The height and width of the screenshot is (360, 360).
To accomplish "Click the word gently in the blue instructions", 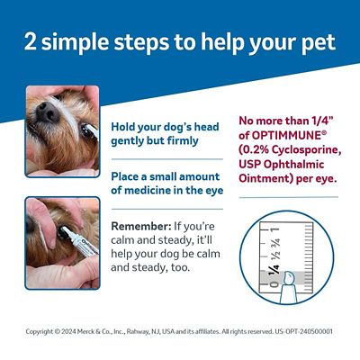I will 129,139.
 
